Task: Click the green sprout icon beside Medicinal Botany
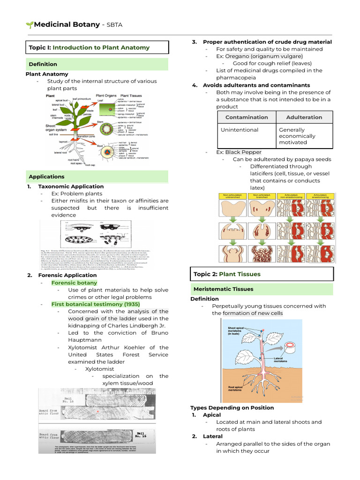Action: coord(29,25)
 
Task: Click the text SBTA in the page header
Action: coord(113,25)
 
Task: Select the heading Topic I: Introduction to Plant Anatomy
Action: coord(89,47)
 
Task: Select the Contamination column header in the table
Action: coord(247,117)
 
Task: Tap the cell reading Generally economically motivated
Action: coord(297,136)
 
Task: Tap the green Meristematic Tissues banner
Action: coord(223,289)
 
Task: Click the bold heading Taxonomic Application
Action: coord(71,187)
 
